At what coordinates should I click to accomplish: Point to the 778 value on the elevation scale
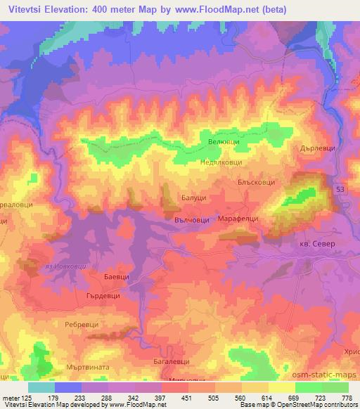coord(347,398)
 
